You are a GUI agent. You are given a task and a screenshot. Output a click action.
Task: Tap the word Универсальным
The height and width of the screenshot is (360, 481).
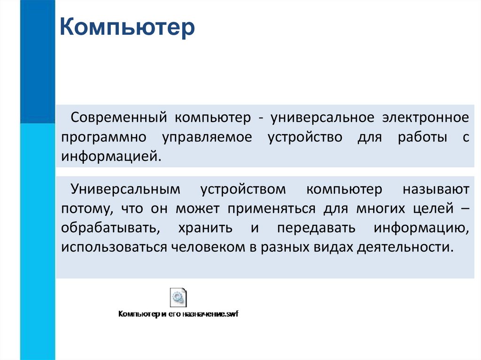click(125, 189)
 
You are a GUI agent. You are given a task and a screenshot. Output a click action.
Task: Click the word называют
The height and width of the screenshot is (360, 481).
click(435, 189)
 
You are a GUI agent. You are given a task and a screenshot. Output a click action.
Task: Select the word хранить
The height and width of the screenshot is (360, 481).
click(205, 228)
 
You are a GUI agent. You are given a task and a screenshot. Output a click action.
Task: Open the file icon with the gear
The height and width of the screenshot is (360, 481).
click(178, 297)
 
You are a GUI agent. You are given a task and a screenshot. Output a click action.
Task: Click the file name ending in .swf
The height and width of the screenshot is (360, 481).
click(178, 314)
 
